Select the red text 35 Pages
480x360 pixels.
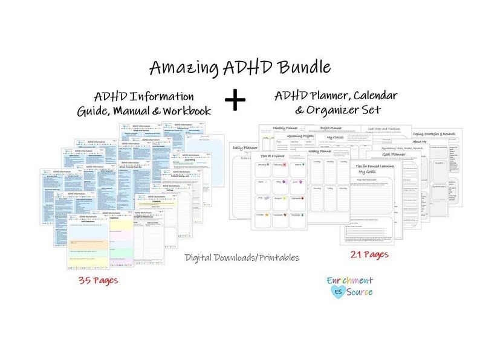click(x=98, y=280)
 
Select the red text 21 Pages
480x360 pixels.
click(x=369, y=255)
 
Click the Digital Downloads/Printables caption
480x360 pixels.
click(x=242, y=257)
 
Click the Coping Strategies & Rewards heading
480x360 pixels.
click(x=437, y=133)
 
